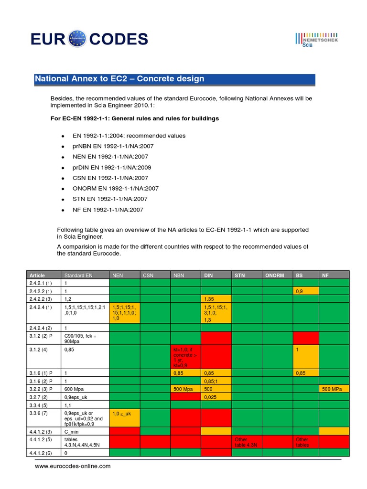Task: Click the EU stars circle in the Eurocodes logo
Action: [78, 39]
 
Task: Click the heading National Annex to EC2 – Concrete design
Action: [119, 79]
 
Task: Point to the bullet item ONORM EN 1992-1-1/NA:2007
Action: [116, 188]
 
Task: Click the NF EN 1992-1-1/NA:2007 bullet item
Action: [108, 210]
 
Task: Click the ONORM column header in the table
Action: [274, 276]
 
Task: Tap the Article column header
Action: [37, 276]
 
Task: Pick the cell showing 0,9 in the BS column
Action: [300, 290]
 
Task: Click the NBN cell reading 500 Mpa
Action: [182, 389]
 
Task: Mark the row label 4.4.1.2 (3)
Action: [42, 431]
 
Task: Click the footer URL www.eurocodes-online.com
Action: [73, 466]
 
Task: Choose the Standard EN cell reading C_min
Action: [72, 431]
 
